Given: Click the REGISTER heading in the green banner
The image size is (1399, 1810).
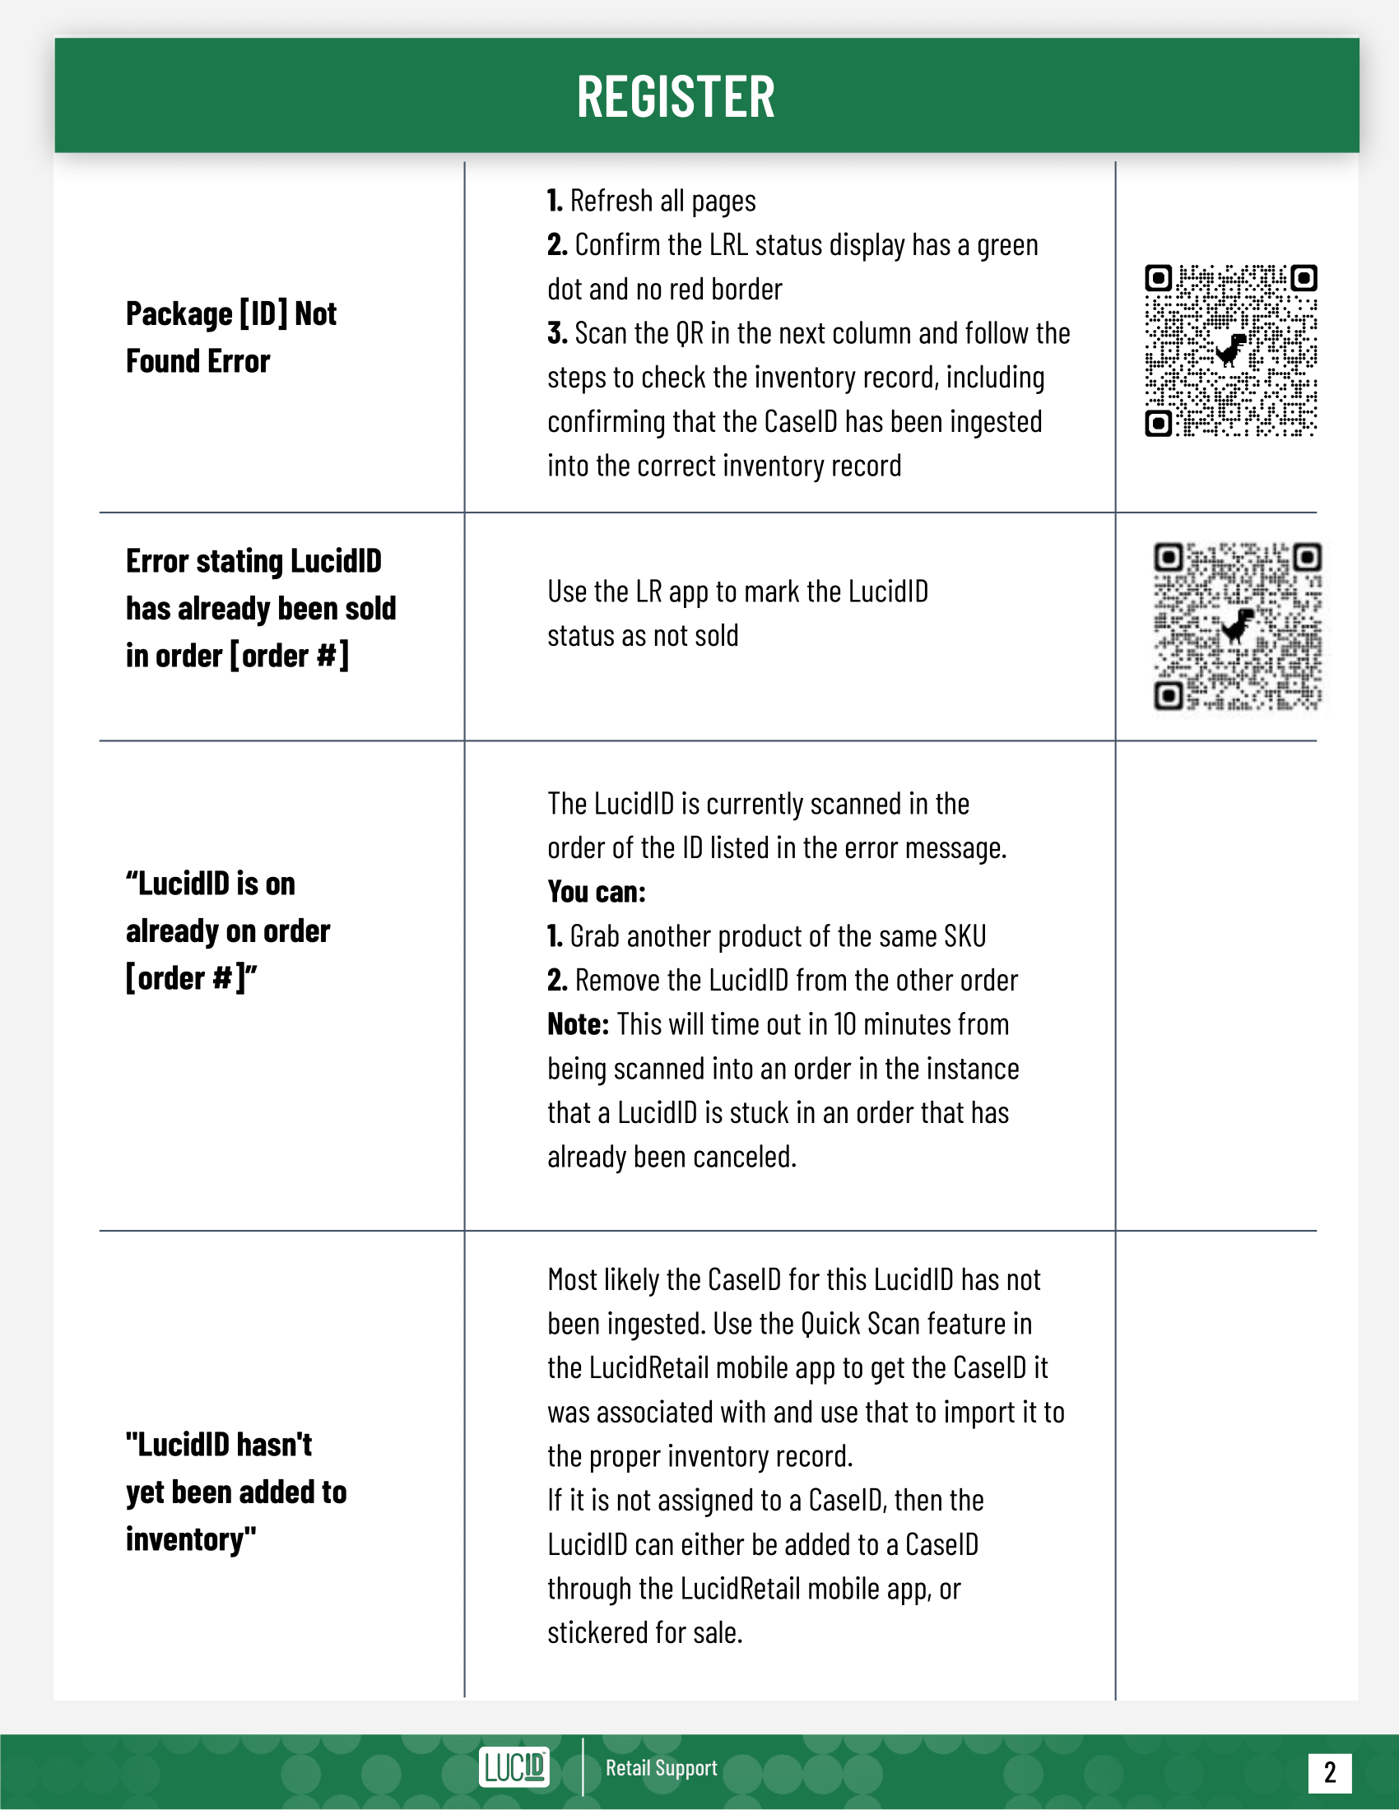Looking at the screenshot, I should click(x=676, y=97).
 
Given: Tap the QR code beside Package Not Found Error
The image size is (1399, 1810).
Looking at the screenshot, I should click(x=1231, y=350).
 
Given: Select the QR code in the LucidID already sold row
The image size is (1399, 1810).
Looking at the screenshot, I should click(x=1238, y=627).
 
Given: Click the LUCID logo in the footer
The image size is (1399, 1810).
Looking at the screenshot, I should click(x=514, y=1767).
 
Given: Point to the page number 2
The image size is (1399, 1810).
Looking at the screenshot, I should click(x=1329, y=1772).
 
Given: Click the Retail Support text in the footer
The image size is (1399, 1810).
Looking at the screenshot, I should click(x=662, y=1768).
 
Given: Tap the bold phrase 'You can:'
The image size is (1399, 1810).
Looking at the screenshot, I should click(x=596, y=892).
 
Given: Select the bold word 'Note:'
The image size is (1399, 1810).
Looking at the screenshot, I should click(x=578, y=1024).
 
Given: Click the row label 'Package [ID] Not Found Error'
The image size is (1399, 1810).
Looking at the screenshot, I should click(x=231, y=337).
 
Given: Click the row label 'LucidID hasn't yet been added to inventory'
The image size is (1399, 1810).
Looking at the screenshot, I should click(x=236, y=1492).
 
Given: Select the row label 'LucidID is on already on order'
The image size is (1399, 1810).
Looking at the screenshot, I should click(x=228, y=931).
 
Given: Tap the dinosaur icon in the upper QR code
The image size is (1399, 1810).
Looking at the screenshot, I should click(x=1232, y=350).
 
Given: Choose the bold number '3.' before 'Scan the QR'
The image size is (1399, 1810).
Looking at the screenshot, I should click(x=557, y=333).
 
